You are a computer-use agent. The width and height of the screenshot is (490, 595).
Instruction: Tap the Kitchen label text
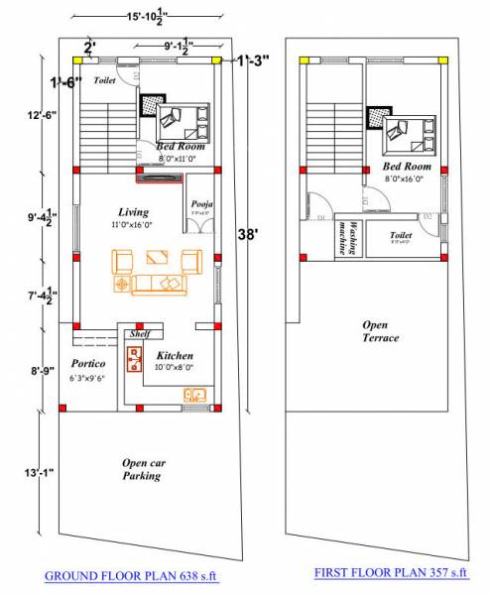pyautogui.click(x=175, y=355)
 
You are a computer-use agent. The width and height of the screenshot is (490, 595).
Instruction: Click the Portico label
pyautogui.click(x=88, y=364)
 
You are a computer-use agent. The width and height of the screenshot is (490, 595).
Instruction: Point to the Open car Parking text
pyautogui.click(x=142, y=469)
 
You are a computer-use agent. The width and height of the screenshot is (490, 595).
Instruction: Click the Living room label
pyautogui.click(x=133, y=212)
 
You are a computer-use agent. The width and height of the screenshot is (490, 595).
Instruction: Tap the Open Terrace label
pyautogui.click(x=380, y=331)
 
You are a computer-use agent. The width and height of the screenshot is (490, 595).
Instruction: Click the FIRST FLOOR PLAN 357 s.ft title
pyautogui.click(x=390, y=572)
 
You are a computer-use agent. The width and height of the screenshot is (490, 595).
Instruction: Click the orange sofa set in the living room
pyautogui.click(x=157, y=272)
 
